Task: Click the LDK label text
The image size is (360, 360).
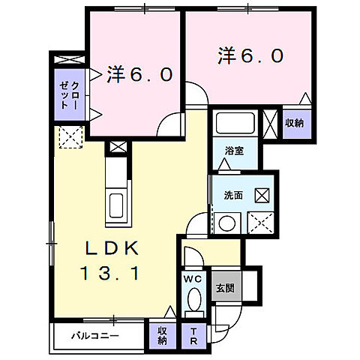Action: click(106, 249)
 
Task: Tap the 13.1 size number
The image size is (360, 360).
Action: click(106, 274)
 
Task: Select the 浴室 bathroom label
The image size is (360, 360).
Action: click(235, 151)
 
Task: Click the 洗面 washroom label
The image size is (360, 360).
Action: click(232, 195)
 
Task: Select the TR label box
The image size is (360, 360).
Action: click(193, 334)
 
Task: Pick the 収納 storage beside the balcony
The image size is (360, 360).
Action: click(162, 335)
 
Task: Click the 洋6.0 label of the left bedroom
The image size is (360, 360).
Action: click(140, 74)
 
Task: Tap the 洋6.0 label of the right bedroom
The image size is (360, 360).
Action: click(250, 55)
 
